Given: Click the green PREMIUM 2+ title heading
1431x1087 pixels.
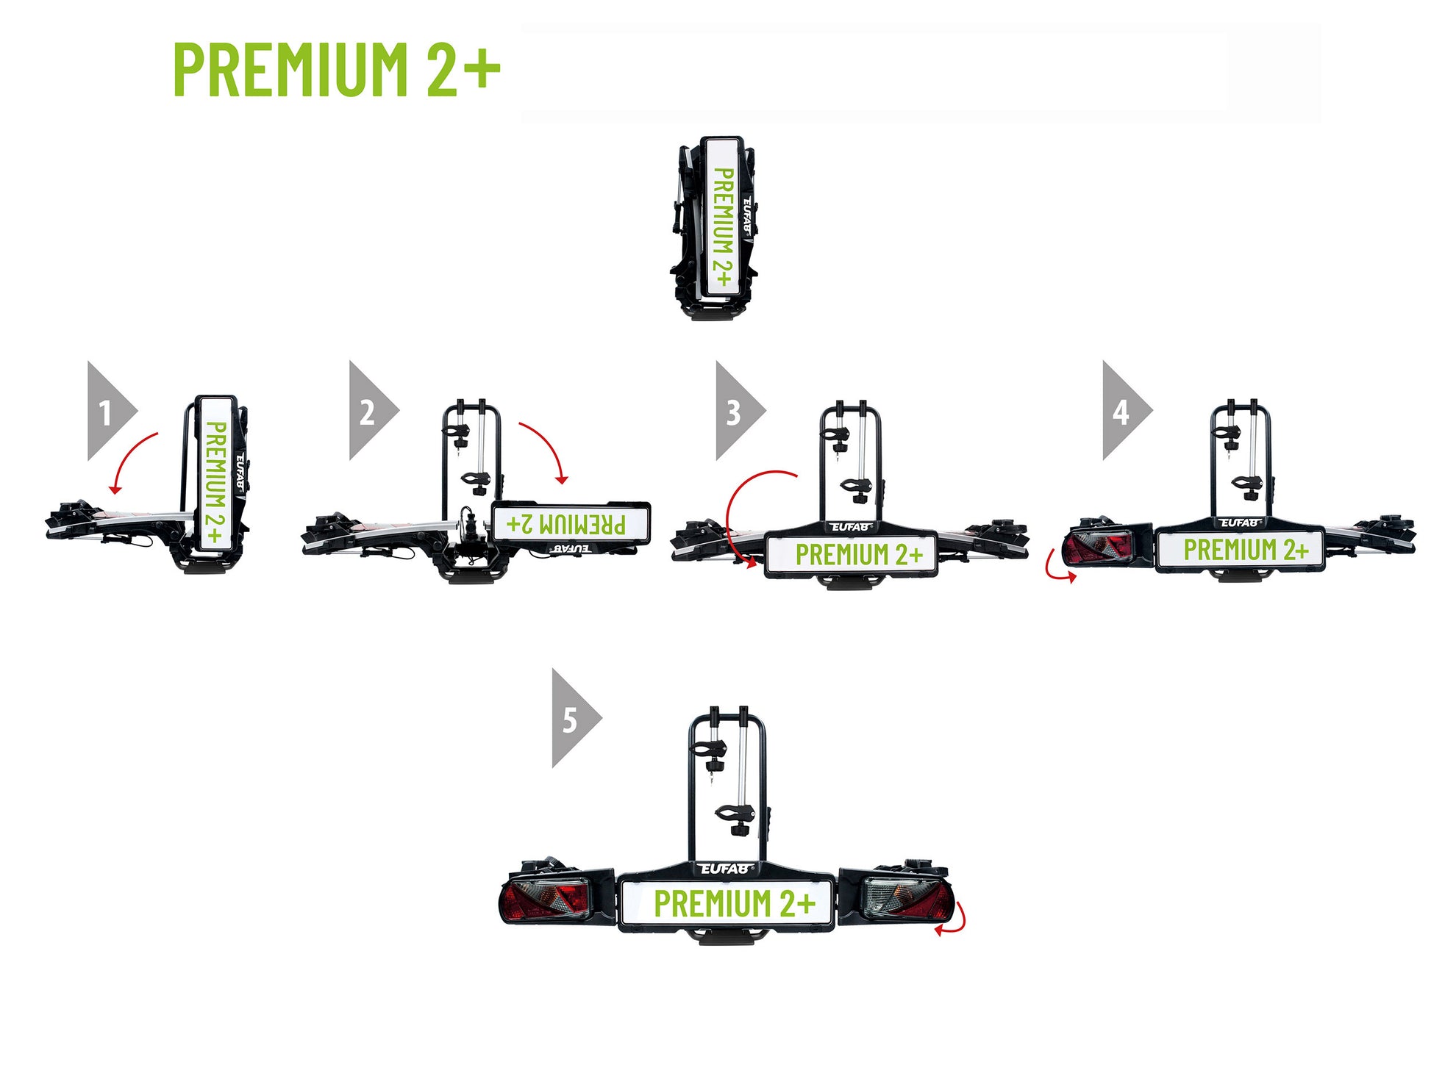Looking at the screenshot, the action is tap(337, 69).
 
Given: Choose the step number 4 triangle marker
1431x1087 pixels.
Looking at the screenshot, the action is tap(1127, 411).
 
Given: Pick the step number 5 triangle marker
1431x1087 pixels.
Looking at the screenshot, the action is tap(577, 718).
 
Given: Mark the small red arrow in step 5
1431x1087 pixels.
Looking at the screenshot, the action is tap(954, 920).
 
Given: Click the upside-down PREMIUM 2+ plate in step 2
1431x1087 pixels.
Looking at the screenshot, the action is tap(571, 523).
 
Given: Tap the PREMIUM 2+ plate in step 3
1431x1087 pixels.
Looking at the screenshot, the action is tap(852, 554).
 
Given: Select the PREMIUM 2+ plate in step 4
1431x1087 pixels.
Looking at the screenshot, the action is tap(1241, 549).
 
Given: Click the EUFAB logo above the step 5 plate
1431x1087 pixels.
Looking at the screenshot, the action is tap(726, 869).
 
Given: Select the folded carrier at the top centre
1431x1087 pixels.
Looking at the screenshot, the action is tap(714, 228).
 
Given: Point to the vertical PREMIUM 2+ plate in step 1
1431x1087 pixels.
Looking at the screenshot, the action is tap(215, 474).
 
